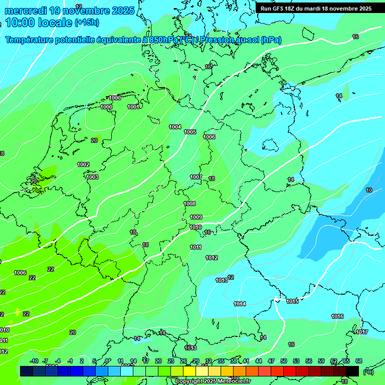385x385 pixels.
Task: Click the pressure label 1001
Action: click(133, 107)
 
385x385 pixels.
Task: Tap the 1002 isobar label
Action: click(83, 164)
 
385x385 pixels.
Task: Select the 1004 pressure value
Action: click(175, 127)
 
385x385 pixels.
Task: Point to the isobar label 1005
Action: click(190, 132)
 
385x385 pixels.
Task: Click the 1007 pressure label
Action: click(196, 177)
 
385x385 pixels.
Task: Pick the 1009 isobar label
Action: click(196, 217)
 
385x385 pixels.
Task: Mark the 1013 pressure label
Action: click(221, 280)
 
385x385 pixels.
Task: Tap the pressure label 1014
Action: click(240, 304)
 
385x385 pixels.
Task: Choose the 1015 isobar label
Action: click(292, 301)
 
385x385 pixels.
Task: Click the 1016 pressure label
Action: click(337, 316)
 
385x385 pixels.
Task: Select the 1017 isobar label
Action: click(361, 332)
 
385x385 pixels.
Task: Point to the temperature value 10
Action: click(369, 190)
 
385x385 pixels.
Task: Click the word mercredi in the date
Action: click(27, 11)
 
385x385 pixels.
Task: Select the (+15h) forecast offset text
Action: click(87, 23)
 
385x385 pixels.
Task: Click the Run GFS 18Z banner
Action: click(316, 9)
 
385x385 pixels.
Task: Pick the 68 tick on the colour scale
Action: click(359, 361)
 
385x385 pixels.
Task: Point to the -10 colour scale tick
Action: click(34, 361)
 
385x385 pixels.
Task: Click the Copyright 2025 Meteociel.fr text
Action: click(213, 381)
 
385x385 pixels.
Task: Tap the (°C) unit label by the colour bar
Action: click(368, 371)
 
